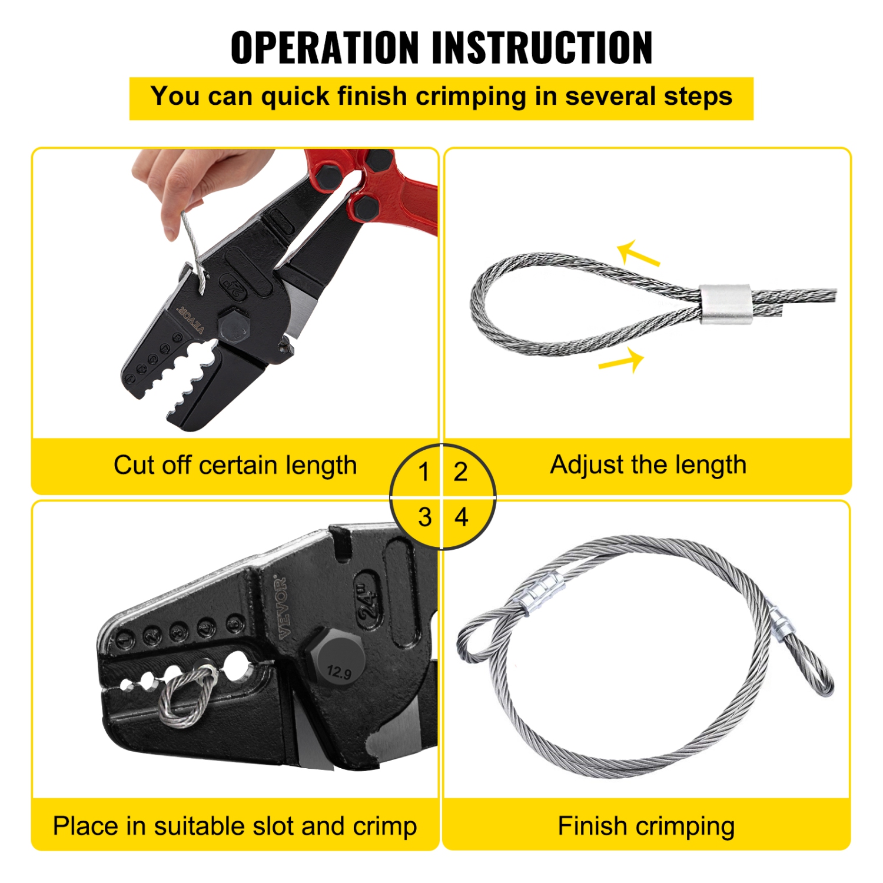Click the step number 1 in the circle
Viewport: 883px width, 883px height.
pos(423,472)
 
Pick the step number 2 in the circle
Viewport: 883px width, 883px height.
pos(460,472)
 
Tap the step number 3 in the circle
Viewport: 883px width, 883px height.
pos(424,517)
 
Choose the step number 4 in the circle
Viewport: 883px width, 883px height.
pos(462,517)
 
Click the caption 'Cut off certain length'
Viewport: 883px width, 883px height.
pos(235,466)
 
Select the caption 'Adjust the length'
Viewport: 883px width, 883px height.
pos(648,465)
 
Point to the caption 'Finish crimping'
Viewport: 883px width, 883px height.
pos(646,826)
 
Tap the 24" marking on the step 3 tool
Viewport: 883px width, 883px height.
pos(368,600)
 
